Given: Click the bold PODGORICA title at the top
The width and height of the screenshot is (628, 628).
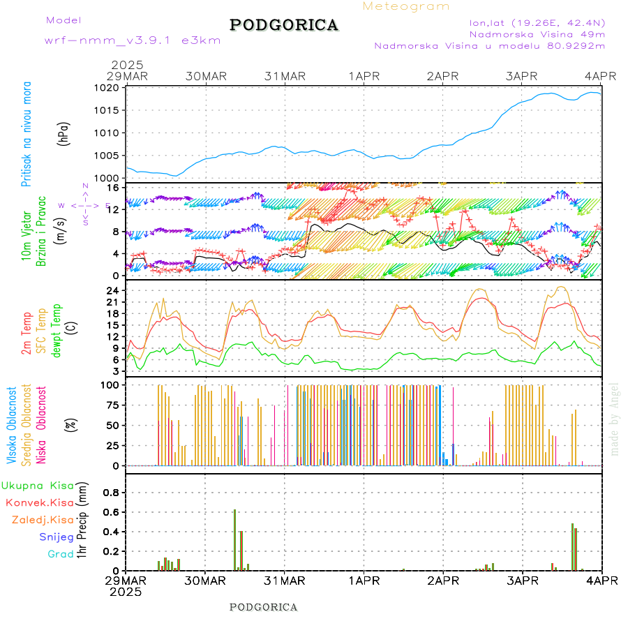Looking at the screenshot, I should pos(284,25).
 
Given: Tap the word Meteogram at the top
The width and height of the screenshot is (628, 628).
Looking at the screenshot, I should pos(406,6).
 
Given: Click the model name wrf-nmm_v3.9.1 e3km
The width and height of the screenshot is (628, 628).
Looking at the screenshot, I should pos(133,40).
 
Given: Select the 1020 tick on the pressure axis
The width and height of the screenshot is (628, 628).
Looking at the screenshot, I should pos(107,88).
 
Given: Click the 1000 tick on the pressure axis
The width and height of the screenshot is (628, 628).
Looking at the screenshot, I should pos(107,178).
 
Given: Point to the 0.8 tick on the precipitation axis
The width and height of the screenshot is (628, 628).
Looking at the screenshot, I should pos(110,492).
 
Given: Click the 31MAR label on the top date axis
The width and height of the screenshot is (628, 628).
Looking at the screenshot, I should pos(285,75).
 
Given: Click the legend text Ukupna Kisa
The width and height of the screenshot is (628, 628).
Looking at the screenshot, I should pos(38,485).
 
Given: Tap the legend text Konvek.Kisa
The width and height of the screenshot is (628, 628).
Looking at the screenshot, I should pos(40,502).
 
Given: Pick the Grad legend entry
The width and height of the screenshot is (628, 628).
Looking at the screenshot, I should pos(61,554).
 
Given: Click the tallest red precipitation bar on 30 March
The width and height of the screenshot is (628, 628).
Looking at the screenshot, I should pos(234,539).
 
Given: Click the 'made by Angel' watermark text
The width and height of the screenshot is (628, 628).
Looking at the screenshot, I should pos(614,419).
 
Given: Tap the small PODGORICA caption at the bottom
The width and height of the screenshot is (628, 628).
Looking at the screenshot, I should pos(264,607).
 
